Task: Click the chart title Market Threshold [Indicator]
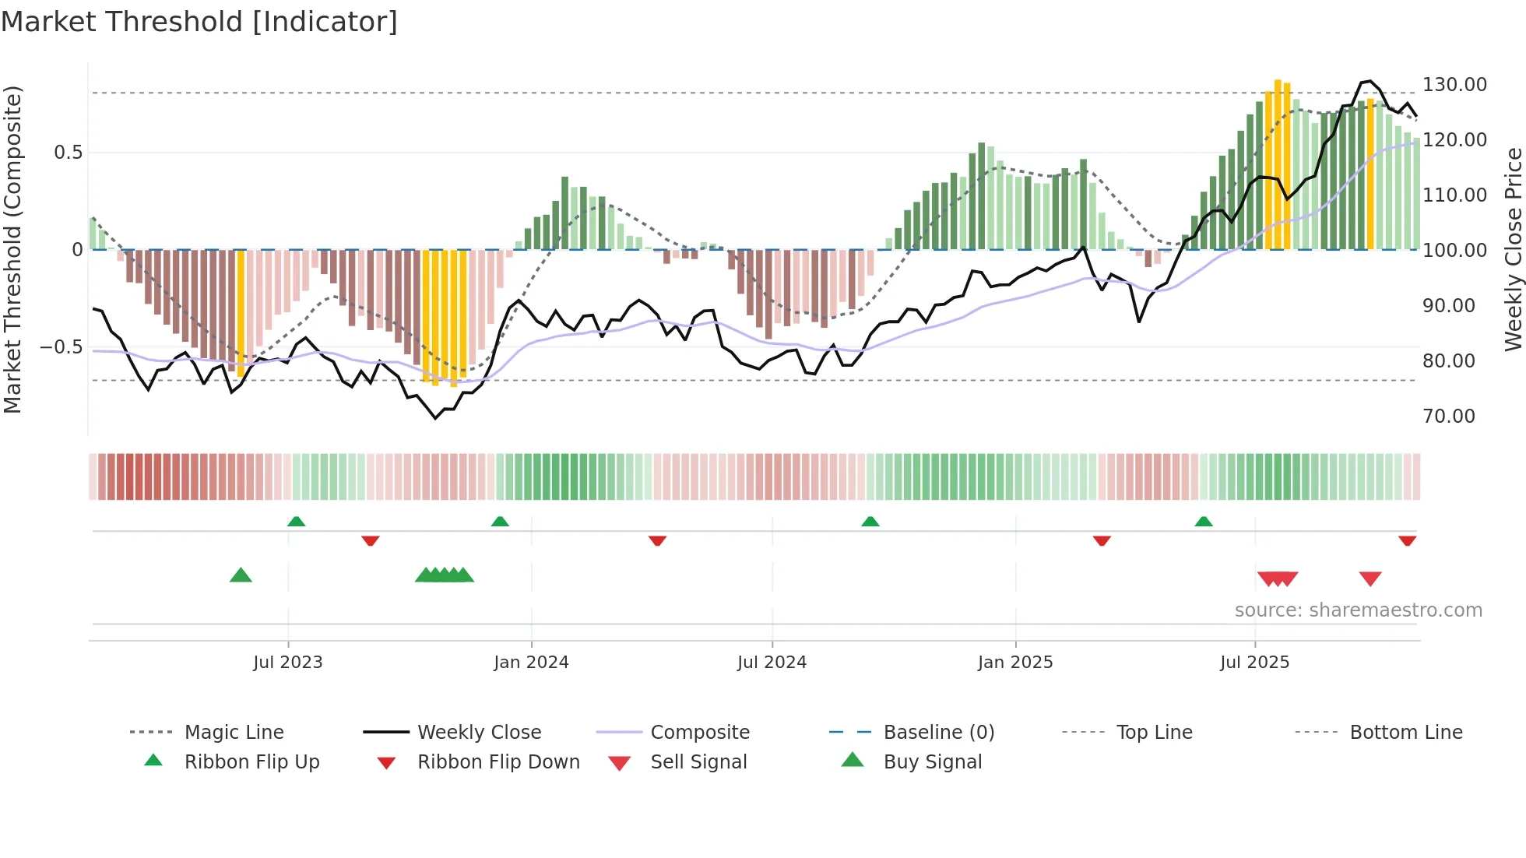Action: tap(199, 22)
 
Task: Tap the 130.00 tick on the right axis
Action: tap(1454, 84)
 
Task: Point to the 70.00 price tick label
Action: tap(1448, 416)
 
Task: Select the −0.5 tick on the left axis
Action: tap(61, 346)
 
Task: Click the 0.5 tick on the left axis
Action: tap(68, 152)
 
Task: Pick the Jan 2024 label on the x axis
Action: tap(531, 662)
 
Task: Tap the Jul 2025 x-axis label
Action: tap(1254, 662)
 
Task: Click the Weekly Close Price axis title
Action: tap(1513, 249)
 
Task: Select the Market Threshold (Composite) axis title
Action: tap(12, 249)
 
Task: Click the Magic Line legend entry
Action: tap(234, 732)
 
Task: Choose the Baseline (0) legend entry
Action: tap(938, 732)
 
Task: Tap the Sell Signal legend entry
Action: tap(698, 761)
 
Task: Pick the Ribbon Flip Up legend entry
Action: tap(251, 761)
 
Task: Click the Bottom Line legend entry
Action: tap(1405, 732)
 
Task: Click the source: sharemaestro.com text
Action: tap(1358, 610)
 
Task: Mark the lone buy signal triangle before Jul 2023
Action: tap(241, 575)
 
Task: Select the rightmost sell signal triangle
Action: tap(1370, 578)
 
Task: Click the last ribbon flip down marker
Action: tap(1407, 540)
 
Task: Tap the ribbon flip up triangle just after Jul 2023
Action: tap(296, 522)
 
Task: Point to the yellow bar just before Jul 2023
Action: tap(241, 311)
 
